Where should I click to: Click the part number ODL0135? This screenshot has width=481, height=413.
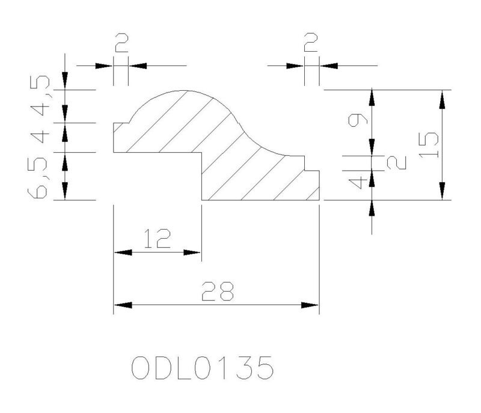(x=203, y=367)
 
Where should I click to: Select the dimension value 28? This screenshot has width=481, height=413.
(x=218, y=291)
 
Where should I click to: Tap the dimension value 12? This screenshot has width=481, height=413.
(x=157, y=238)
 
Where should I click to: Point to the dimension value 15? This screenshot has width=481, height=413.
(x=429, y=145)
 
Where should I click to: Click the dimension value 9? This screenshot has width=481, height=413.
(x=358, y=119)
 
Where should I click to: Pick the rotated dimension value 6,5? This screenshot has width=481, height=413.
(x=37, y=178)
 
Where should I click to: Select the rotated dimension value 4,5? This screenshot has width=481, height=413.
(x=40, y=96)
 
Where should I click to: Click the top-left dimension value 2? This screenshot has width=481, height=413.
(x=121, y=43)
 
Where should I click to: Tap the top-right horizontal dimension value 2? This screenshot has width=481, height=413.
(x=311, y=43)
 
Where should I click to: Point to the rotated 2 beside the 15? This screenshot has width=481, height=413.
(x=397, y=162)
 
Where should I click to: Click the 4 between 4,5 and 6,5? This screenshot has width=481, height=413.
(x=40, y=136)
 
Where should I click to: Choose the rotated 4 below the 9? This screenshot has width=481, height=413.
(x=358, y=183)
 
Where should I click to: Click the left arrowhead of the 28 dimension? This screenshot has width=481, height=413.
(x=123, y=305)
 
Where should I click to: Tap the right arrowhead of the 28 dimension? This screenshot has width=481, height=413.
(x=310, y=305)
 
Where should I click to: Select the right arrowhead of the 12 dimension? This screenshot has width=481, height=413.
(x=192, y=252)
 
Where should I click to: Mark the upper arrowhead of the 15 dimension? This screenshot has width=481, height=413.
(x=442, y=99)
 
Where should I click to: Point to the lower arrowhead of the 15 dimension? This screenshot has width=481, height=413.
(x=442, y=191)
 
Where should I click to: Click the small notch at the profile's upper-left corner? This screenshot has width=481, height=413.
(x=121, y=123)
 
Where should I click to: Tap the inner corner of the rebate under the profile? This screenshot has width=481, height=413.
(x=201, y=152)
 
